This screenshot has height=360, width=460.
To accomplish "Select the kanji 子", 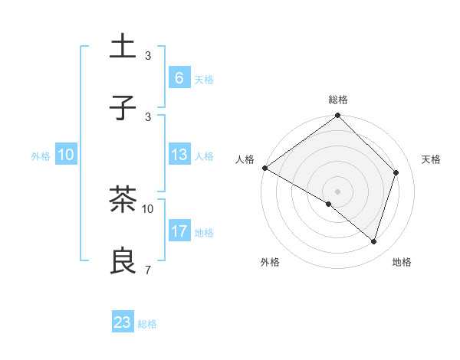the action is click(123, 108).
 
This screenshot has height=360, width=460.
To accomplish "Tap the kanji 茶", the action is click(123, 201).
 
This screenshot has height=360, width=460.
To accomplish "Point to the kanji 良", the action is click(123, 262).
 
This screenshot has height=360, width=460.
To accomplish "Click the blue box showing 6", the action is click(179, 78).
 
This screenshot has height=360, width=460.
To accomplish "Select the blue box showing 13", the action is click(179, 155).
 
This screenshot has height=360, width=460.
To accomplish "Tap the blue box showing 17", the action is click(179, 231).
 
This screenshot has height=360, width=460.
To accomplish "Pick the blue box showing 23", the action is click(123, 322).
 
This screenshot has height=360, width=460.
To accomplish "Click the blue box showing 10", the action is click(66, 155).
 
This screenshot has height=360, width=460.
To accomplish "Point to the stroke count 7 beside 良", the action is click(147, 270).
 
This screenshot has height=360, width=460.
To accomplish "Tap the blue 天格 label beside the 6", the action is click(204, 80).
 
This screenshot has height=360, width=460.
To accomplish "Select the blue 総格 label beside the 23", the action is click(147, 324).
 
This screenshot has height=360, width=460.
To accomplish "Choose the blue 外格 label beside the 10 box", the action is click(41, 156).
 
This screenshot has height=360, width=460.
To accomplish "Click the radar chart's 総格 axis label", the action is click(338, 100).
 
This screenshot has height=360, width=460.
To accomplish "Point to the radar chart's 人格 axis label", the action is click(245, 159).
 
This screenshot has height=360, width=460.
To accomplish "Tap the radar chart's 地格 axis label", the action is click(402, 263).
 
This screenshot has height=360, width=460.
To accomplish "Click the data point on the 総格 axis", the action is click(338, 116).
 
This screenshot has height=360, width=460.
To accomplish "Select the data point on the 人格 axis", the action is click(264, 168).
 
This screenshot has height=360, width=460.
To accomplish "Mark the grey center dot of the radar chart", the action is click(338, 191).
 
